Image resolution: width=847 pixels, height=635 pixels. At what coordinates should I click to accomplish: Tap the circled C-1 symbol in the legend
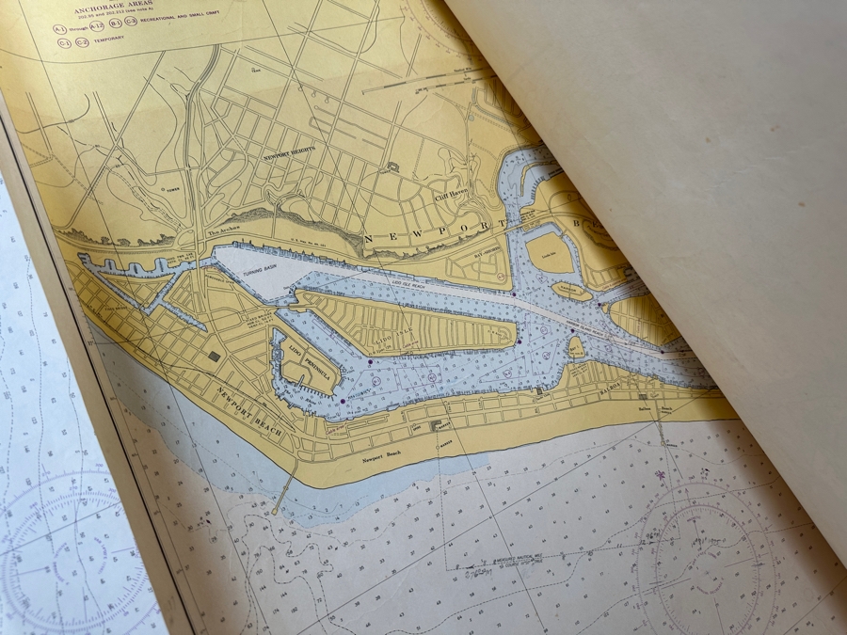64,41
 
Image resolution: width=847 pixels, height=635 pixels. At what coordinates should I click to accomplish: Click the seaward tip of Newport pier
274,513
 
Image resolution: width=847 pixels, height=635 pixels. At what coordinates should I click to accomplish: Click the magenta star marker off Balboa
663,476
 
